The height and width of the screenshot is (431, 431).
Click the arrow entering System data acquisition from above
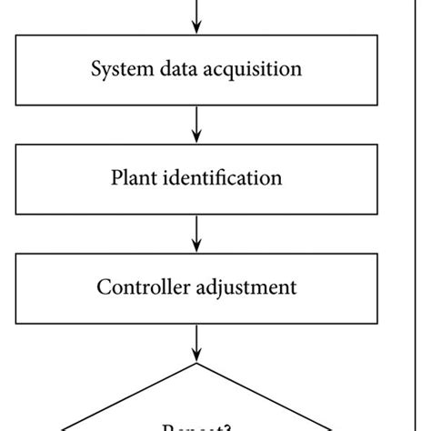point(196,16)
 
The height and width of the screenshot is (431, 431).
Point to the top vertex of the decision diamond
point(196,364)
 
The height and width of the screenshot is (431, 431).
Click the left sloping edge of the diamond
point(127,396)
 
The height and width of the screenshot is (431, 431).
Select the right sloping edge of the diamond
point(266,396)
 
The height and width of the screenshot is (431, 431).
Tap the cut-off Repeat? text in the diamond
point(196,426)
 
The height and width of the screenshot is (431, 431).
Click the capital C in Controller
point(102,287)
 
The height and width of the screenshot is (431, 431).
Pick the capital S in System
point(95,69)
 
